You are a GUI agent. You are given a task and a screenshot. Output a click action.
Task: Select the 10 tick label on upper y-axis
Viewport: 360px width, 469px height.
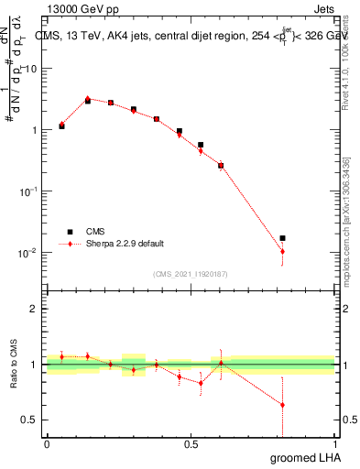[x=30, y=69]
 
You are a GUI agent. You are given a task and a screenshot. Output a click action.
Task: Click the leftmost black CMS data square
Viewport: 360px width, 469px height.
[x=61, y=126]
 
